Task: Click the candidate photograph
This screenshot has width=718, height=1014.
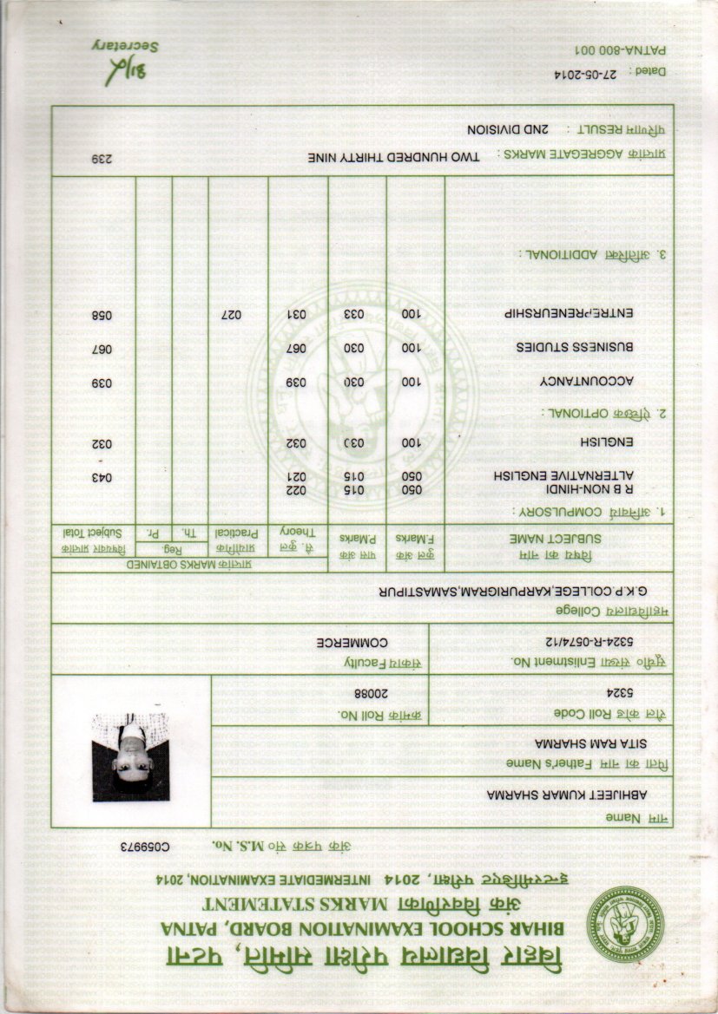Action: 130,757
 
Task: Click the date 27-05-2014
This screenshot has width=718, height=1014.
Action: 581,75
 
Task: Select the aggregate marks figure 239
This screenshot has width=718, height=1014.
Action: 102,160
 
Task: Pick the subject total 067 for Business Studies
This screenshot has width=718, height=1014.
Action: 102,348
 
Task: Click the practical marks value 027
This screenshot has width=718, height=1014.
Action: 231,313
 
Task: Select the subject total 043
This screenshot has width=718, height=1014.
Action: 102,478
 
